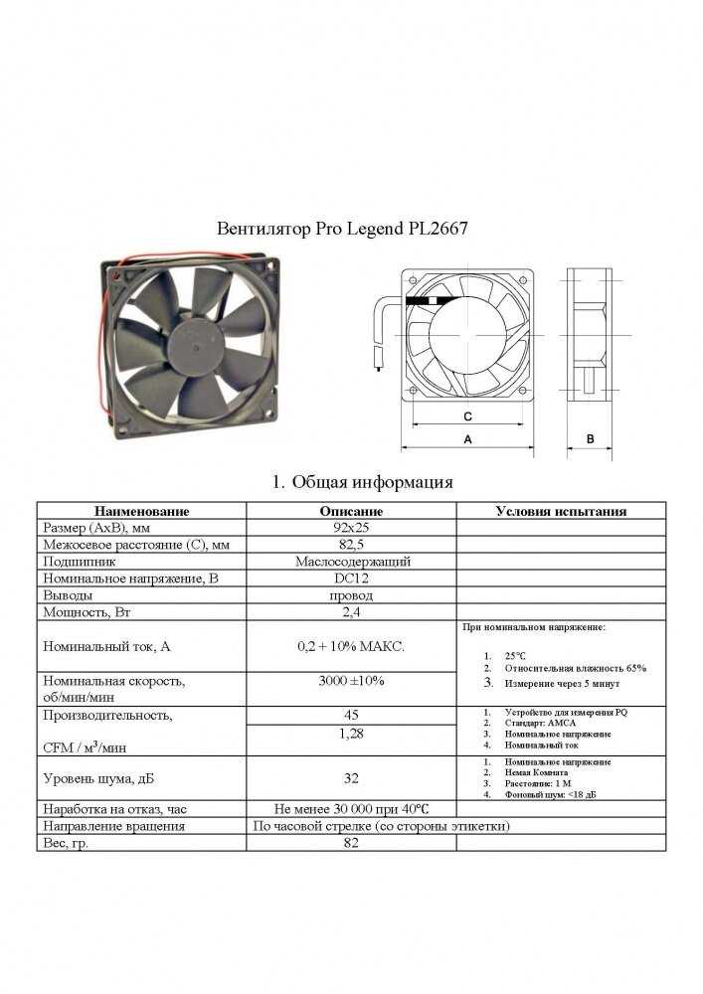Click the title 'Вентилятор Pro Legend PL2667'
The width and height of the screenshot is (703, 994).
tap(342, 228)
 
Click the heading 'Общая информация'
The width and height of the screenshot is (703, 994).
tap(363, 482)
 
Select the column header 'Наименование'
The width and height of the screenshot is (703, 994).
tap(140, 511)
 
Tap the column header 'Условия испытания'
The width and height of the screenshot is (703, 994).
tap(561, 511)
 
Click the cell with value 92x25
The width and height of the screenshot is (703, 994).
tap(351, 528)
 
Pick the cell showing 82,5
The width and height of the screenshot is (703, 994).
tap(351, 545)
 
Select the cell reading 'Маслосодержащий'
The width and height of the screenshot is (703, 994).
tap(351, 562)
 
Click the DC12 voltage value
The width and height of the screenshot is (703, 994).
tap(351, 579)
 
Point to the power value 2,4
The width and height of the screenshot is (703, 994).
tap(351, 612)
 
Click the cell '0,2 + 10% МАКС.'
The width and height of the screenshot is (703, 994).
tap(351, 646)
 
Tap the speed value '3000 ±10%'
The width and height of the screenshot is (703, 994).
tap(351, 681)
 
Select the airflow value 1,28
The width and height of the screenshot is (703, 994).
tap(351, 734)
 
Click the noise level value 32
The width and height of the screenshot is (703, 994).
tap(351, 778)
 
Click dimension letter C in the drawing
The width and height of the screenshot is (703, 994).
tap(466, 415)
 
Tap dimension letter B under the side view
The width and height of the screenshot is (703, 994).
tap(590, 438)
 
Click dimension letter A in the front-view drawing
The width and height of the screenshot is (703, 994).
tap(466, 438)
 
